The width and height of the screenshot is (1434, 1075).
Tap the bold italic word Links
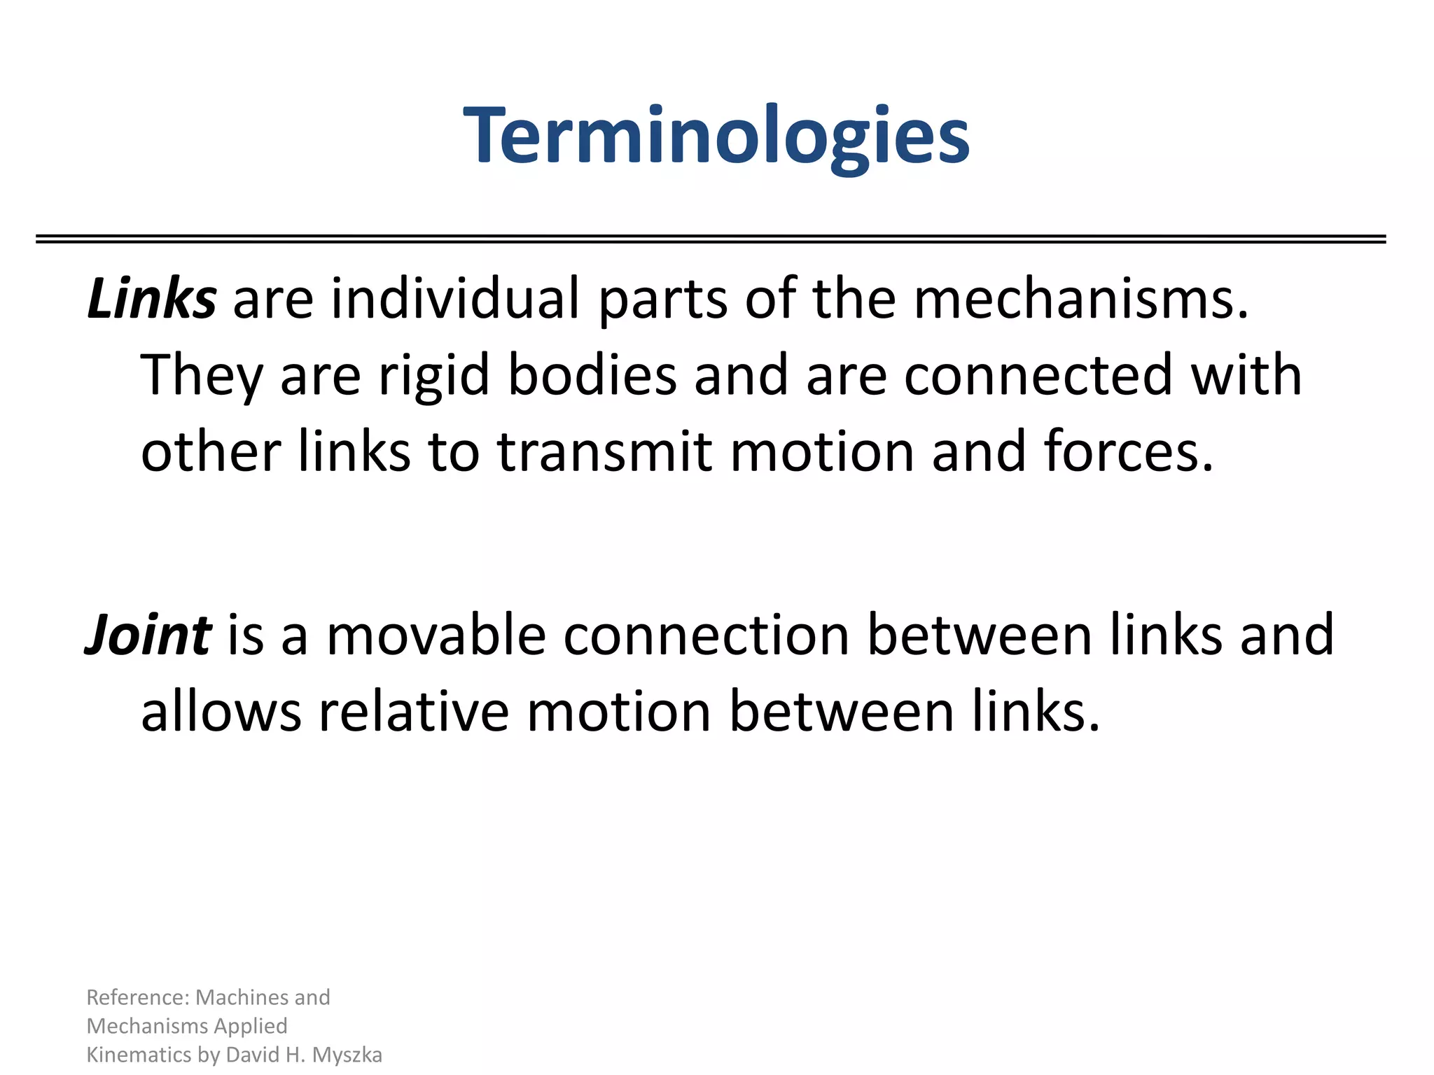point(151,300)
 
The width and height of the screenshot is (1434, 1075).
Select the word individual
point(455,300)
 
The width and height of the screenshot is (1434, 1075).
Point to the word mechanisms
point(1080,300)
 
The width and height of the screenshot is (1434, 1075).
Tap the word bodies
point(592,376)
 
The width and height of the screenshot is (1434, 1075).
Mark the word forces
point(1128,452)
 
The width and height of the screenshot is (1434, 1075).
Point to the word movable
point(436,635)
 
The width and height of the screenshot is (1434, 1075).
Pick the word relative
point(414,712)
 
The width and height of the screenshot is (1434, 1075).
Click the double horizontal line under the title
point(711,239)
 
